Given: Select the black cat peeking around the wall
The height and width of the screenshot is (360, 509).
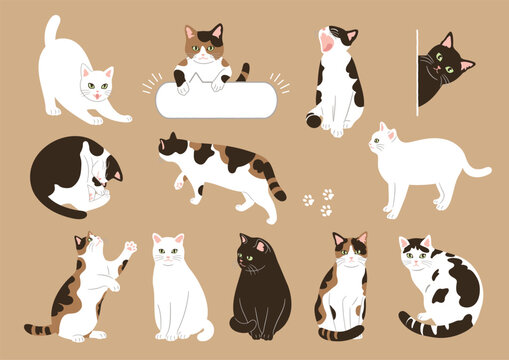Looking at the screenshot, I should (x=440, y=70).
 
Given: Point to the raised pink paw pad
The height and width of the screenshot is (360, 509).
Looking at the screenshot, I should (x=129, y=246).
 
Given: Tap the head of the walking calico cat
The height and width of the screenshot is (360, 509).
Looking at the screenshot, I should (x=171, y=147).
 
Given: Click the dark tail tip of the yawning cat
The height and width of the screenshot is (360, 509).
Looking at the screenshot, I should (x=313, y=121).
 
